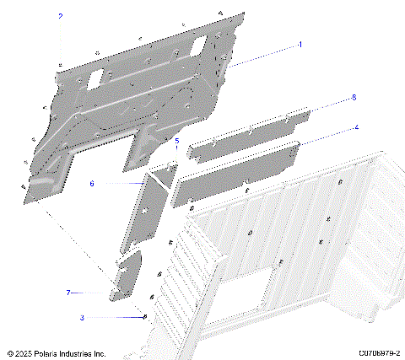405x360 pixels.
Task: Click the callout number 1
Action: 300,43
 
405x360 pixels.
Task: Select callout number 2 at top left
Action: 60,16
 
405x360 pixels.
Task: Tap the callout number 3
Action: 82,318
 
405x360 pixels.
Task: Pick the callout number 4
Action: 356,127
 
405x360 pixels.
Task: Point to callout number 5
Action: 176,142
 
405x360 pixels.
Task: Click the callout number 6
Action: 92,183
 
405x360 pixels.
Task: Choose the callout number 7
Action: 68,293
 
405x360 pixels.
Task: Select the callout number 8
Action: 354,98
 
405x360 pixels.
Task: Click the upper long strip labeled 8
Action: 249,133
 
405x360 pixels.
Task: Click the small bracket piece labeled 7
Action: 127,277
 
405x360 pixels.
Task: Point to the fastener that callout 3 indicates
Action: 145,317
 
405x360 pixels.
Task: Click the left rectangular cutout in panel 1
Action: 94,76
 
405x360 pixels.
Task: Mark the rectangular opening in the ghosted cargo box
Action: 246,301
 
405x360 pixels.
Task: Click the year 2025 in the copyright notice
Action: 24,352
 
